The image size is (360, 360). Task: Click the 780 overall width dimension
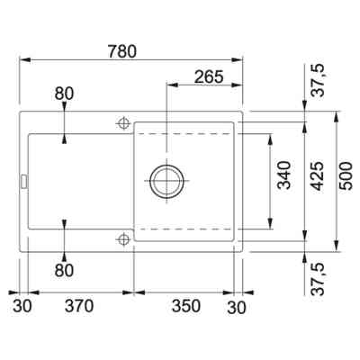coord(122,51)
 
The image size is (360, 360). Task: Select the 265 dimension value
coord(209,76)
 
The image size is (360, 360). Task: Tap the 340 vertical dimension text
coord(284,175)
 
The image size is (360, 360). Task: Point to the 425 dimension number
coord(317,176)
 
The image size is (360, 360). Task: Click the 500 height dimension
coord(346,175)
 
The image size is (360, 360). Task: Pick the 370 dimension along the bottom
coord(79,306)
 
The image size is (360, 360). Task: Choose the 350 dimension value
coord(186,306)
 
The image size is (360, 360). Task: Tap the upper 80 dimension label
coord(64,94)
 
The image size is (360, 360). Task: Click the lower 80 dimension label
coord(64,271)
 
